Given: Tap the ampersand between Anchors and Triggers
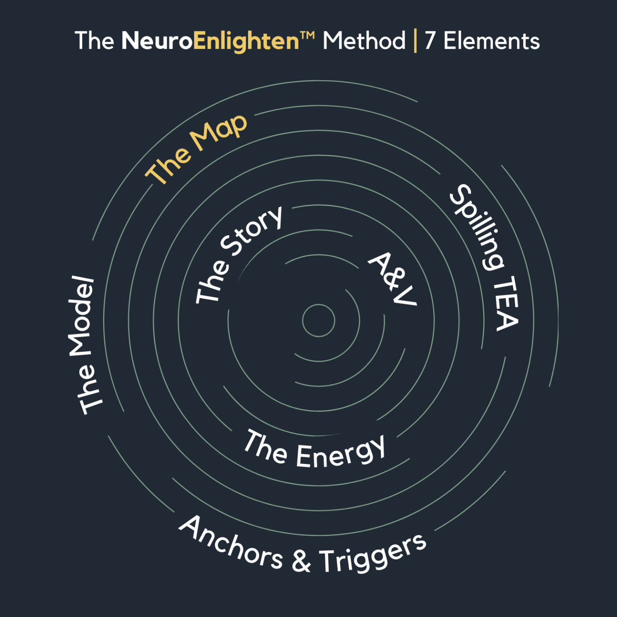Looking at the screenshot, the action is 301,561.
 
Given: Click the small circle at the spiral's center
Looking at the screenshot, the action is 318,320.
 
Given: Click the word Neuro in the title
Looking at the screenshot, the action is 157,41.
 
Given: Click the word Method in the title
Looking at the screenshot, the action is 364,41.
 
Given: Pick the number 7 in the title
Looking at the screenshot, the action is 430,41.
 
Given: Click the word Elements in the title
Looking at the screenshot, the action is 491,41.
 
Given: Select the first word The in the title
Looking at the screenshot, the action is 94,41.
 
